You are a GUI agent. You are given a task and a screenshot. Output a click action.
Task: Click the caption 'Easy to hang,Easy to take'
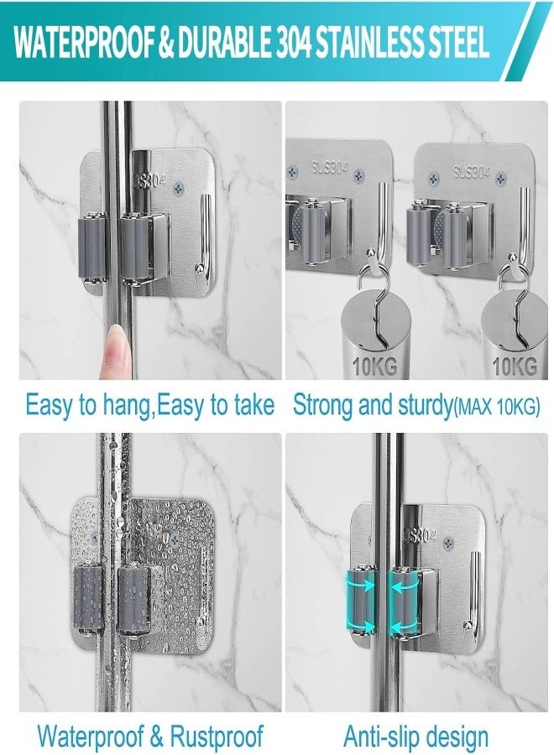coord(150,405)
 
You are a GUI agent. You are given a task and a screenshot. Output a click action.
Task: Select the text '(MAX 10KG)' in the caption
coord(497,407)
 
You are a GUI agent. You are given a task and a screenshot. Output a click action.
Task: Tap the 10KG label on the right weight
coord(514,366)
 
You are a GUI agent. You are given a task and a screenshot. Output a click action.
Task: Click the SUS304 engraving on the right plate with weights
coord(471,172)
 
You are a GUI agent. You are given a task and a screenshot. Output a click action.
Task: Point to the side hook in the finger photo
coord(202,243)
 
